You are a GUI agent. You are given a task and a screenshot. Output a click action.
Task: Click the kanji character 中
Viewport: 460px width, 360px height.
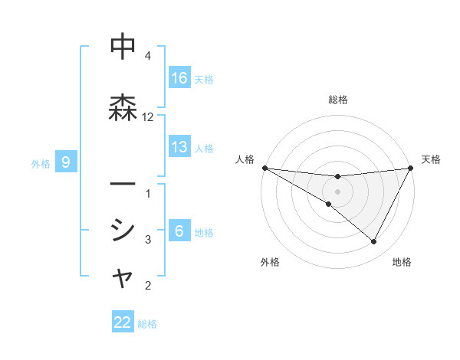(x=123, y=47)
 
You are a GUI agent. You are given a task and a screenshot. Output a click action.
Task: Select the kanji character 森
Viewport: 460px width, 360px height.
(x=123, y=109)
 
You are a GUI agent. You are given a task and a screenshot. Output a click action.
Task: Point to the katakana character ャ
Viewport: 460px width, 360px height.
(x=123, y=279)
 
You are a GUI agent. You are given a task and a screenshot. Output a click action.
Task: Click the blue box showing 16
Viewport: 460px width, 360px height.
(x=179, y=78)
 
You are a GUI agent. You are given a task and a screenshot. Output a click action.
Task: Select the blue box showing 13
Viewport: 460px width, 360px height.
(x=179, y=147)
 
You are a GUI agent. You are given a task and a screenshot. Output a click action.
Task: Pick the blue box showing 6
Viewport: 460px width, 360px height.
(x=179, y=231)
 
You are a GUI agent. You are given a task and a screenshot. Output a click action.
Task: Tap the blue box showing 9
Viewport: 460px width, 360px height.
(x=66, y=162)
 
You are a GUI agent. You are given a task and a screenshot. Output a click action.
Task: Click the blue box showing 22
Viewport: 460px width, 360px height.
(x=123, y=322)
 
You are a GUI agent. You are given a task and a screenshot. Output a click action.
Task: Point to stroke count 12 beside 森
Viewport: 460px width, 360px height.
(x=148, y=117)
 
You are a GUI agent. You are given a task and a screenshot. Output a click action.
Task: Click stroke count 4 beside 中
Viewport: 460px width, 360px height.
(x=148, y=56)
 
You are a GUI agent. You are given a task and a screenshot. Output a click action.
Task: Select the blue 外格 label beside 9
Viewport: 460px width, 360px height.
(x=41, y=163)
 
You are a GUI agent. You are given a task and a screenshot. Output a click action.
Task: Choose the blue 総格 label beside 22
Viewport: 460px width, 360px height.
(x=147, y=324)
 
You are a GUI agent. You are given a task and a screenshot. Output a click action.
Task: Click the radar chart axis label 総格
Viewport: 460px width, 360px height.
(x=337, y=100)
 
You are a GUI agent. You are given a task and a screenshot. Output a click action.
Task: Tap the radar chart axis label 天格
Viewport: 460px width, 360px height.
(x=432, y=159)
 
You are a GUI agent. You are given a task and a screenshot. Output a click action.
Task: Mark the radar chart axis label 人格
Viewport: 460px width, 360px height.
(x=245, y=159)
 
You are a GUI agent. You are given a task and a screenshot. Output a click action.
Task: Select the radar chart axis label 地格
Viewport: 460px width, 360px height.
(x=402, y=263)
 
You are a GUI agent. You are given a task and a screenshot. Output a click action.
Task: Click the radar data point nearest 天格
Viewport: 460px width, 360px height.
(x=411, y=168)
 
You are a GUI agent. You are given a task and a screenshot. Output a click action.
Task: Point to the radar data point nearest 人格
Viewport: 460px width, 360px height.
(x=264, y=168)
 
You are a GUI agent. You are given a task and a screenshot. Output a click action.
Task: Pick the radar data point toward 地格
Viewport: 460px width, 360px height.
(x=374, y=242)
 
